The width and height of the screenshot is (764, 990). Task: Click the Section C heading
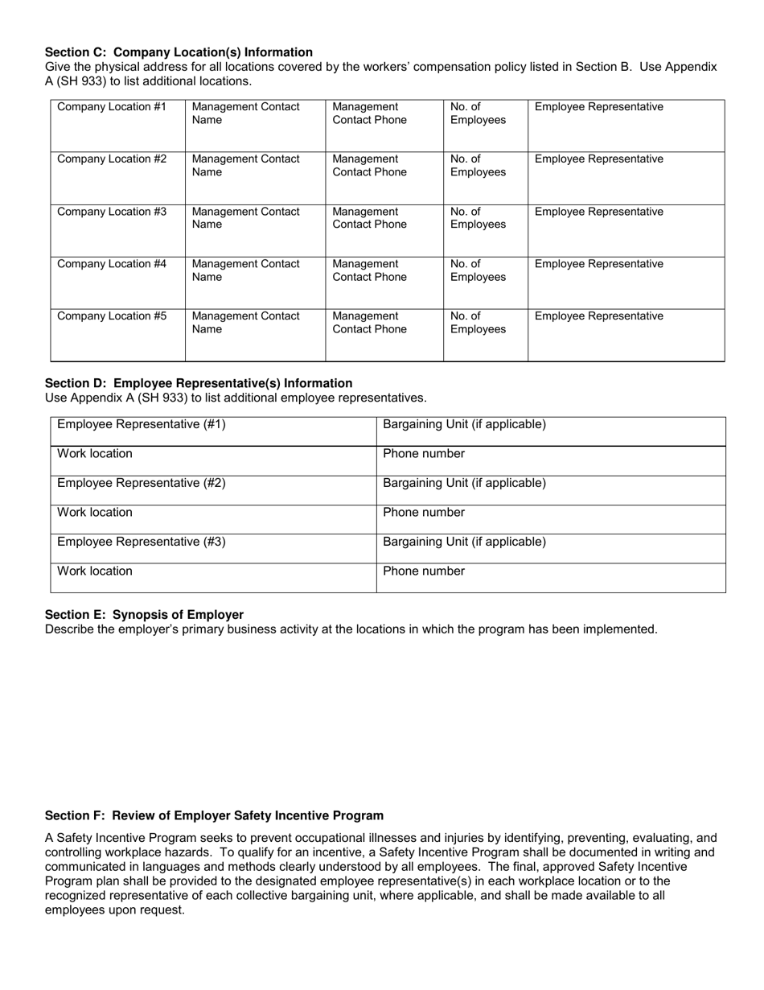pos(179,52)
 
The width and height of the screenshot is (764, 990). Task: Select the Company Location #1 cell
pos(118,125)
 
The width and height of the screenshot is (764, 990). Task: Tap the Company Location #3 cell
pos(118,229)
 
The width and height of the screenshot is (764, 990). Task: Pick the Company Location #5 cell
pos(118,334)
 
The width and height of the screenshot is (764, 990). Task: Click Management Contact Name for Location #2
pos(255,177)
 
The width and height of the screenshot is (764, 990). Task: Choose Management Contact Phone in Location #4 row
pos(384,282)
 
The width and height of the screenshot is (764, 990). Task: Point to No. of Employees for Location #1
pos(485,125)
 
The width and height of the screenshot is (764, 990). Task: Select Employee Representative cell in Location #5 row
pos(626,334)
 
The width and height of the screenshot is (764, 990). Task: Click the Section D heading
pos(199,383)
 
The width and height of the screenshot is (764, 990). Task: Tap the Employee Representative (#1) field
pos(213,431)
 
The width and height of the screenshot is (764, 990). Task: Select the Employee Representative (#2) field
pos(213,490)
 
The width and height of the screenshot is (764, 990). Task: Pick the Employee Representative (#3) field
pos(213,549)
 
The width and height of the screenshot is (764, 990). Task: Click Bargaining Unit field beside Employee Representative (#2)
pos(551,490)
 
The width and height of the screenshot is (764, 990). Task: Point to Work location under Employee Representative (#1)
pos(213,460)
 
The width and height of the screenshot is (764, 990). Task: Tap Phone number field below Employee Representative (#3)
pos(551,578)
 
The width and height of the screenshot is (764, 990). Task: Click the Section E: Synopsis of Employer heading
pos(144,615)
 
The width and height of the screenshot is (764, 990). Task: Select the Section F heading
pos(214,815)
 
